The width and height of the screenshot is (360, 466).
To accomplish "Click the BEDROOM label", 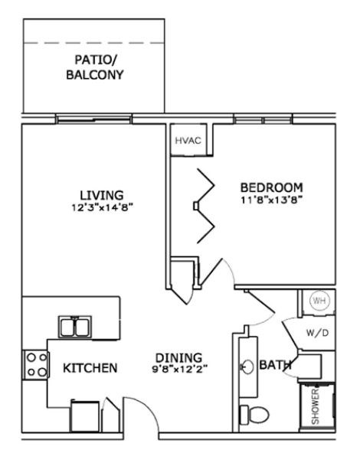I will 272,187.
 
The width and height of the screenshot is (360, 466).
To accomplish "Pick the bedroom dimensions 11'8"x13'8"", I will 272,200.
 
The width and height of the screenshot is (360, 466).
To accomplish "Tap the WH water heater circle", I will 319,301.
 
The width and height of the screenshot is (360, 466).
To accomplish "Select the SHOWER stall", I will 316,405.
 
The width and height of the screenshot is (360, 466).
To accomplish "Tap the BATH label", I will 274,366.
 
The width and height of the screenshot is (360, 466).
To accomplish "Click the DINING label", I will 178,357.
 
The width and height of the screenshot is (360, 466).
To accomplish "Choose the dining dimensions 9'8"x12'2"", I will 178,369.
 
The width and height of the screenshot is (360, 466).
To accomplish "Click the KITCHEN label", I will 90,368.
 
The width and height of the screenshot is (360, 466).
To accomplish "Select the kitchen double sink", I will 76,326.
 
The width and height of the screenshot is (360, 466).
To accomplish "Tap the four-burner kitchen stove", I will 35,363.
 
